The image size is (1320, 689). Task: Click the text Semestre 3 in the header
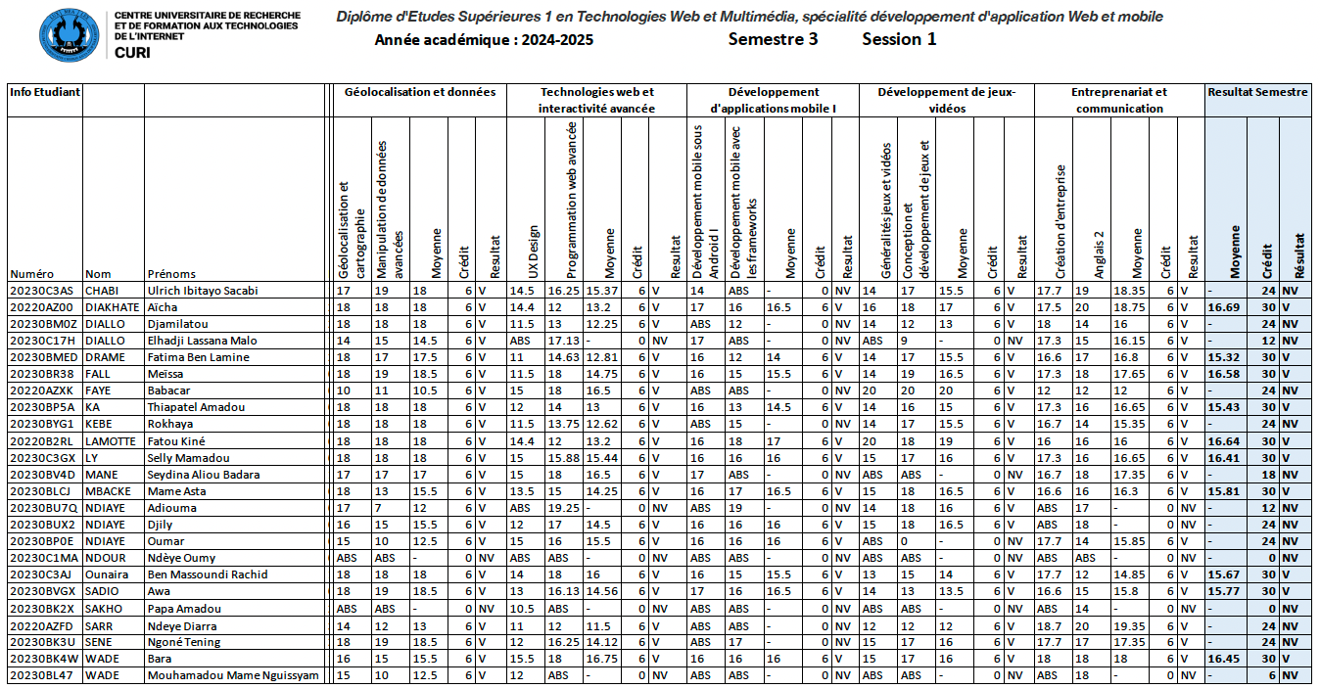(773, 39)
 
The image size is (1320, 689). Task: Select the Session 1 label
(899, 39)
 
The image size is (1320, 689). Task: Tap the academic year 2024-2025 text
(484, 40)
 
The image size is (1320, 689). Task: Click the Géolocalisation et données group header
(420, 92)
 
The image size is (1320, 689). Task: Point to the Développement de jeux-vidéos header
(946, 100)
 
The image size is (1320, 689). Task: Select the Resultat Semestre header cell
(1257, 92)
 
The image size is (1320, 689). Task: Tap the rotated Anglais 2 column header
(1099, 254)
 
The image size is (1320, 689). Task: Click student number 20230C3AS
(41, 291)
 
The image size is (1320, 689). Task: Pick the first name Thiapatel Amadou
(196, 407)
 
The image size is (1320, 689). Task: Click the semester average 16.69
(1225, 307)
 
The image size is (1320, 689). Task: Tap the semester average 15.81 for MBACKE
(1225, 491)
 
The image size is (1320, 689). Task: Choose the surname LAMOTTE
(111, 441)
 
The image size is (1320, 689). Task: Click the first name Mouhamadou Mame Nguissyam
(232, 675)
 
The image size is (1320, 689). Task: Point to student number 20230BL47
(41, 675)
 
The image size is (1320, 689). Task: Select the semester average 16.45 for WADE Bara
(1225, 659)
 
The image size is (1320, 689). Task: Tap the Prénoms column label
(171, 274)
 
